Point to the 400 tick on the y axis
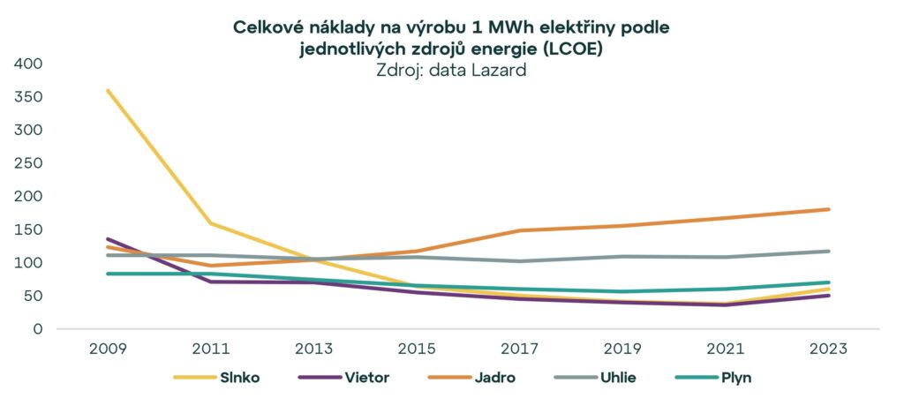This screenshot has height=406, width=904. click(27, 64)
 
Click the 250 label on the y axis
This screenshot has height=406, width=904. click(27, 163)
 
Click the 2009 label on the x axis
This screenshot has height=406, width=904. click(107, 349)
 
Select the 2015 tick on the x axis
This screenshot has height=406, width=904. click(417, 349)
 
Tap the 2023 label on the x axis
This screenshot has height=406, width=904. click(828, 349)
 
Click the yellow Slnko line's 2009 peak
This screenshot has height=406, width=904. click(108, 91)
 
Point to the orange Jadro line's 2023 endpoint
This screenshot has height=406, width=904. click(828, 209)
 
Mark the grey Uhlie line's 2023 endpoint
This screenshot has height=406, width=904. click(828, 251)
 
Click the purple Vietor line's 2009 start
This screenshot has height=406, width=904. click(108, 239)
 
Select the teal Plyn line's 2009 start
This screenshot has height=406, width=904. click(108, 274)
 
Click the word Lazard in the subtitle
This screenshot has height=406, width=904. click(497, 71)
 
